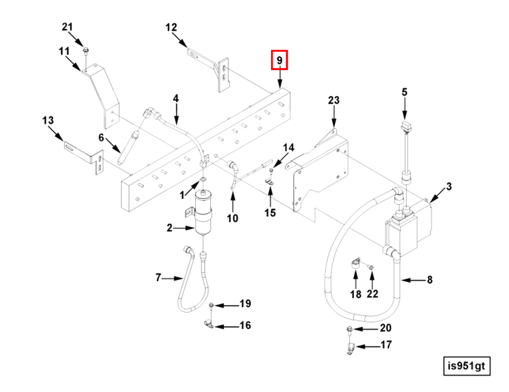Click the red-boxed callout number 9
pos(279,60)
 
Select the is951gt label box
pos(466,366)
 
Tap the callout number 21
pos(67,27)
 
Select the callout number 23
pos(334,100)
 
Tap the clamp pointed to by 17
pos(350,348)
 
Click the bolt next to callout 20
pos(349,329)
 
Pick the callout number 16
pos(245,325)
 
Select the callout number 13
pos(48,120)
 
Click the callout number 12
pos(171,27)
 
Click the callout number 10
pos(232,218)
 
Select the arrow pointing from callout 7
pos(173,278)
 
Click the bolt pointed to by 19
pos(211,305)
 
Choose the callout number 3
pos(449,186)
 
